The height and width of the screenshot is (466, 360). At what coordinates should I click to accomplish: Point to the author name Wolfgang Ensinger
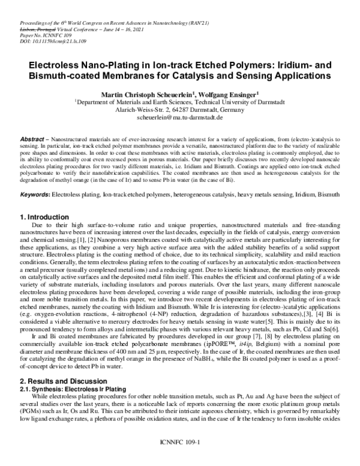coord(231,94)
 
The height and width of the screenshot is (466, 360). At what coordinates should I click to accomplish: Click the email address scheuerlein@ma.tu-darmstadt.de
coord(180,119)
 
